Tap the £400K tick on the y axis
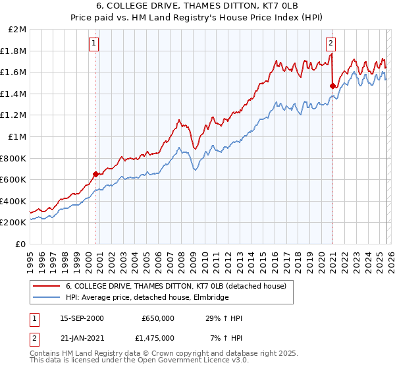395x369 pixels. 14,201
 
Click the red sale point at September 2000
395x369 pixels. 96,174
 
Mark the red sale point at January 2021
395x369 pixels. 332,86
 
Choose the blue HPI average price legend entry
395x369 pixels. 147,298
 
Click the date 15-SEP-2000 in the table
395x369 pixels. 82,318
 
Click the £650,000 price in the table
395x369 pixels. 159,318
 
